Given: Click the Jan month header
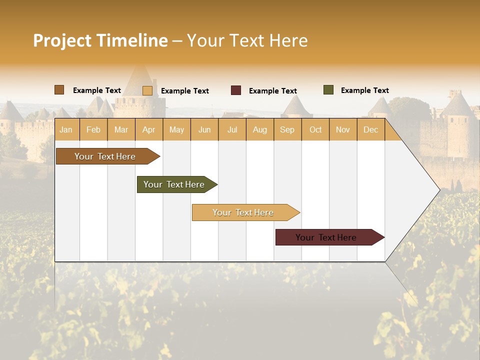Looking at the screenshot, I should tap(66, 129).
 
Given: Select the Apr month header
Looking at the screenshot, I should tap(148, 129).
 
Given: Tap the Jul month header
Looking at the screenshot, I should tap(232, 129).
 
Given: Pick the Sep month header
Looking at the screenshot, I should tap(287, 129).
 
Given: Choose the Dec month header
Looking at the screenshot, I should tap(370, 129).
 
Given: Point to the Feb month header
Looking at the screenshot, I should tap(93, 129).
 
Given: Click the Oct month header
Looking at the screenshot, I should tap(315, 129).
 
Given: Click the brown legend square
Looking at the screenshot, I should tap(59, 90).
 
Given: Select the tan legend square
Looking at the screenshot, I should tap(147, 90).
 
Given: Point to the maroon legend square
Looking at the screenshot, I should tap(236, 90).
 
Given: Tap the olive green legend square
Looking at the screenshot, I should tap(328, 90).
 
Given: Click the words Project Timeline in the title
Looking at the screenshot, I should tap(100, 40).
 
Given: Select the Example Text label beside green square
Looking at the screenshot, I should tap(364, 90).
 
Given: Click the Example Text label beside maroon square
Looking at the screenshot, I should tap(272, 91).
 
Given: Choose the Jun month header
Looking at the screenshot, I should tap(204, 129).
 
